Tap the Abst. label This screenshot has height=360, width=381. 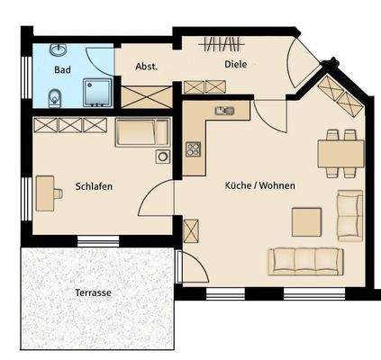pyautogui.click(x=146, y=67)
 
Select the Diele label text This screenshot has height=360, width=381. pyautogui.click(x=235, y=65)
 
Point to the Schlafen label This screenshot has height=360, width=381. pyautogui.click(x=94, y=187)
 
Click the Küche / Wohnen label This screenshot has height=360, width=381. pyautogui.click(x=259, y=185)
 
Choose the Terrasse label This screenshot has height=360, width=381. pyautogui.click(x=94, y=293)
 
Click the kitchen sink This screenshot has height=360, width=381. pyautogui.click(x=223, y=112)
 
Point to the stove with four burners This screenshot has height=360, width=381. pyautogui.click(x=193, y=149)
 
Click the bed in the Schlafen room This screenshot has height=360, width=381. pyautogui.click(x=142, y=133)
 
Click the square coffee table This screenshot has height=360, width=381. pyautogui.click(x=306, y=221)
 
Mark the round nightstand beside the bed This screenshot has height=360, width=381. pyautogui.click(x=162, y=157)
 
